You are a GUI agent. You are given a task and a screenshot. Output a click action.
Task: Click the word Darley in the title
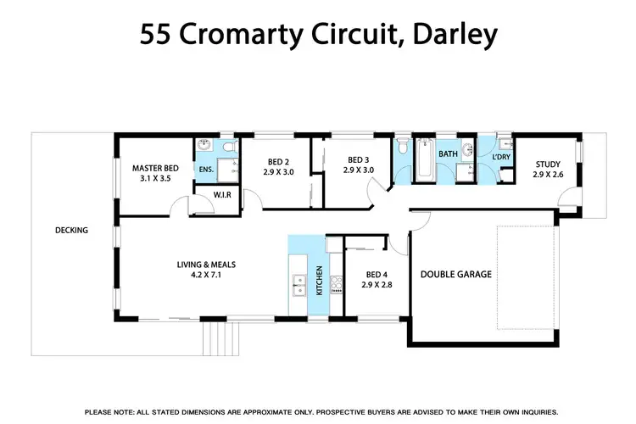tap(455, 35)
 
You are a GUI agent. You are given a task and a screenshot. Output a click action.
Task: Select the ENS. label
tap(206, 170)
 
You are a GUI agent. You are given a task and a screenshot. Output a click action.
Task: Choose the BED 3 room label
tap(359, 159)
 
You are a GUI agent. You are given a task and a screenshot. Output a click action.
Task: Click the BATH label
tap(448, 153)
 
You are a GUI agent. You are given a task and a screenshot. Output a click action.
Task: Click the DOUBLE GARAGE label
tap(456, 275)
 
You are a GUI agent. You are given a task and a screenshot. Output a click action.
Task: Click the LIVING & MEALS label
tap(206, 265)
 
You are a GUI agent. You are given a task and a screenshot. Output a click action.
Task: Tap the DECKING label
tap(71, 230)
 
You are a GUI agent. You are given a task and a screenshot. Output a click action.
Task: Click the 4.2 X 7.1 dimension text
tap(206, 275)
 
